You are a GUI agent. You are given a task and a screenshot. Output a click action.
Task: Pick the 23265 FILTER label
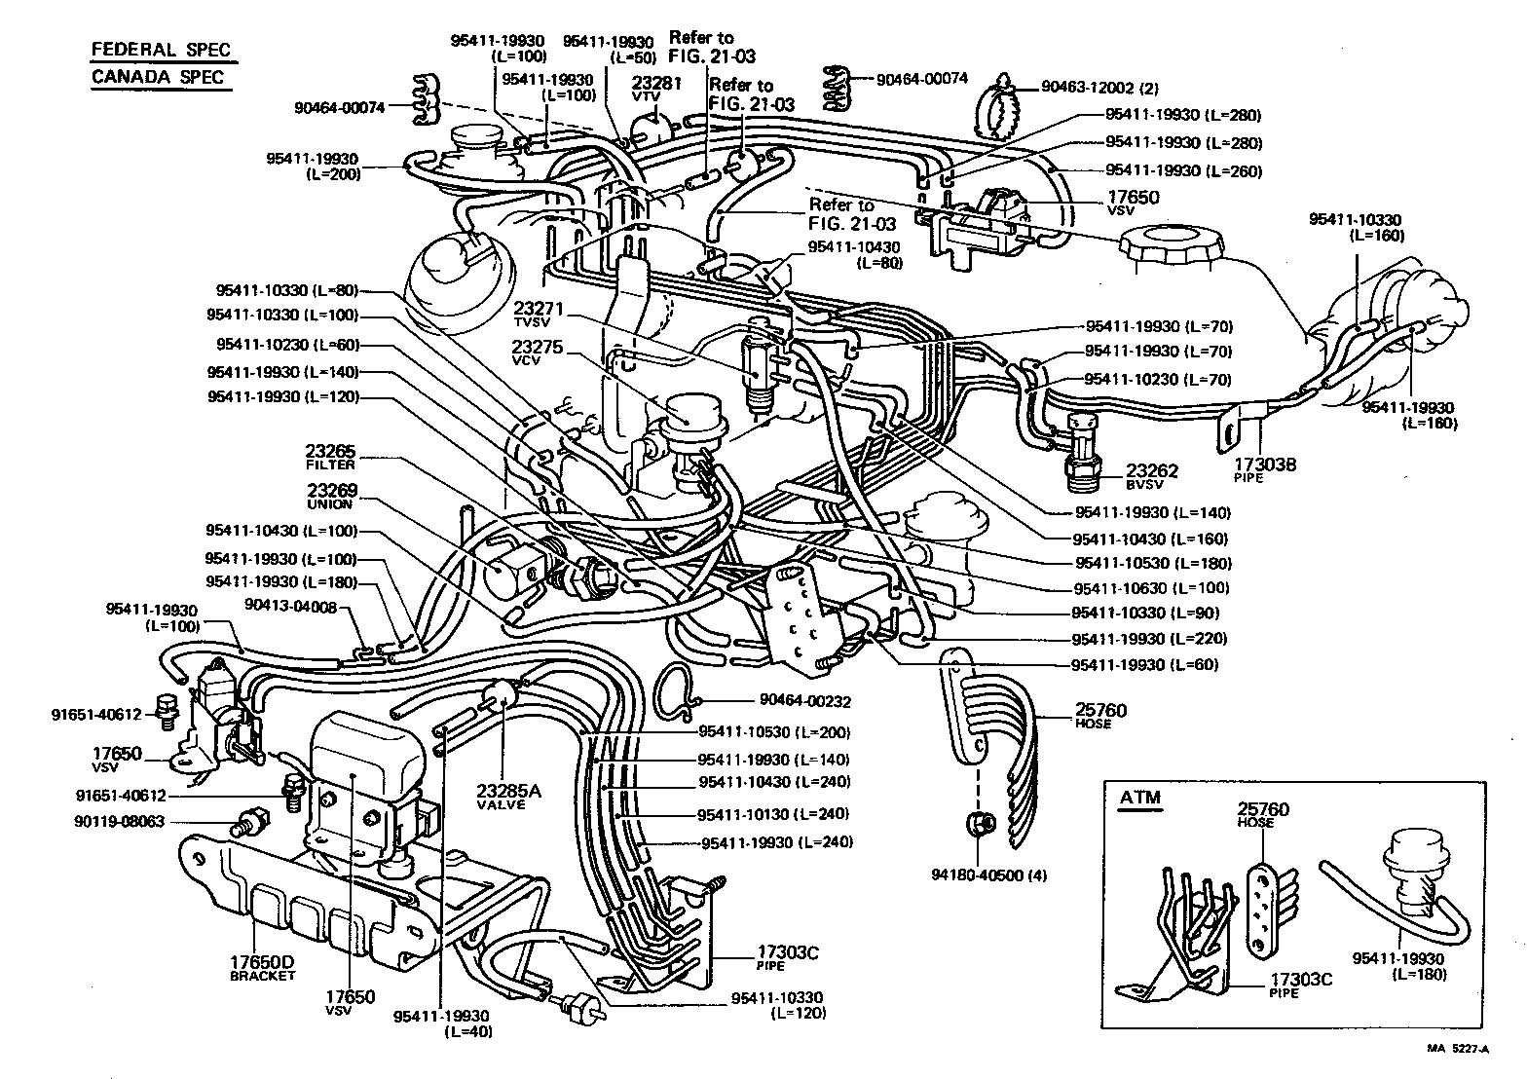[331, 458]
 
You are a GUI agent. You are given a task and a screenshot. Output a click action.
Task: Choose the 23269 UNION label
[331, 497]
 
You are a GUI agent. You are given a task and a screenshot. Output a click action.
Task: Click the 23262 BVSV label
[1152, 476]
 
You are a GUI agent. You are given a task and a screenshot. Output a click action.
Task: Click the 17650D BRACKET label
[262, 968]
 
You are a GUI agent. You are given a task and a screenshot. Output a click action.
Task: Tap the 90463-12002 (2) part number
[1099, 87]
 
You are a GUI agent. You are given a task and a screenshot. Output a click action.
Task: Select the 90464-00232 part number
[803, 700]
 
